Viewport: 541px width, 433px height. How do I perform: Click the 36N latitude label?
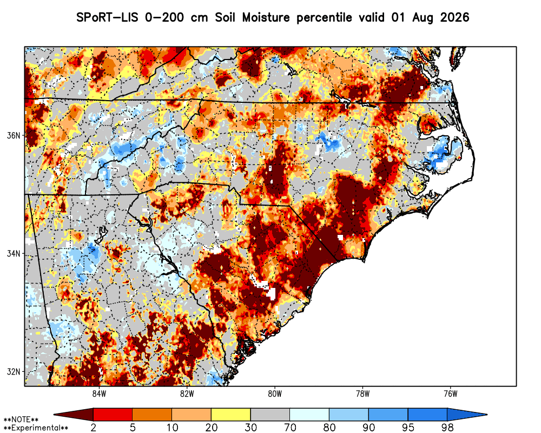14,135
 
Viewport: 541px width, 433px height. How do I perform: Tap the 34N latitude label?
14,254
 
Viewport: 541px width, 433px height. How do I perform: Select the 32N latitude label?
14,372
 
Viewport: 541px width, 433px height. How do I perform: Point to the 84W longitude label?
99,393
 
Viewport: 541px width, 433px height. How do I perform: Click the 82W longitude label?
187,393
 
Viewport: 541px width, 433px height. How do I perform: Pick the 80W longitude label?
275,393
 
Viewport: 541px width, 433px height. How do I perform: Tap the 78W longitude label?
362,393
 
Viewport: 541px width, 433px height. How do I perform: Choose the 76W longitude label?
451,393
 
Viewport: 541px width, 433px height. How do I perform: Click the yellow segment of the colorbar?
231,415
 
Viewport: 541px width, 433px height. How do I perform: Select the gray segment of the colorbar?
270,415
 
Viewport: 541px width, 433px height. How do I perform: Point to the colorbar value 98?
447,428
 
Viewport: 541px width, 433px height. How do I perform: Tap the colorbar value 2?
93,428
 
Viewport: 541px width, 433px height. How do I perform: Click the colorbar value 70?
290,428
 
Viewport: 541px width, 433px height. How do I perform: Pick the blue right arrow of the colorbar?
466,415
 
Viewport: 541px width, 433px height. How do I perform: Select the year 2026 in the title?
455,17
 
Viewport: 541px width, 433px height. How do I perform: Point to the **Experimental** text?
36,428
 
